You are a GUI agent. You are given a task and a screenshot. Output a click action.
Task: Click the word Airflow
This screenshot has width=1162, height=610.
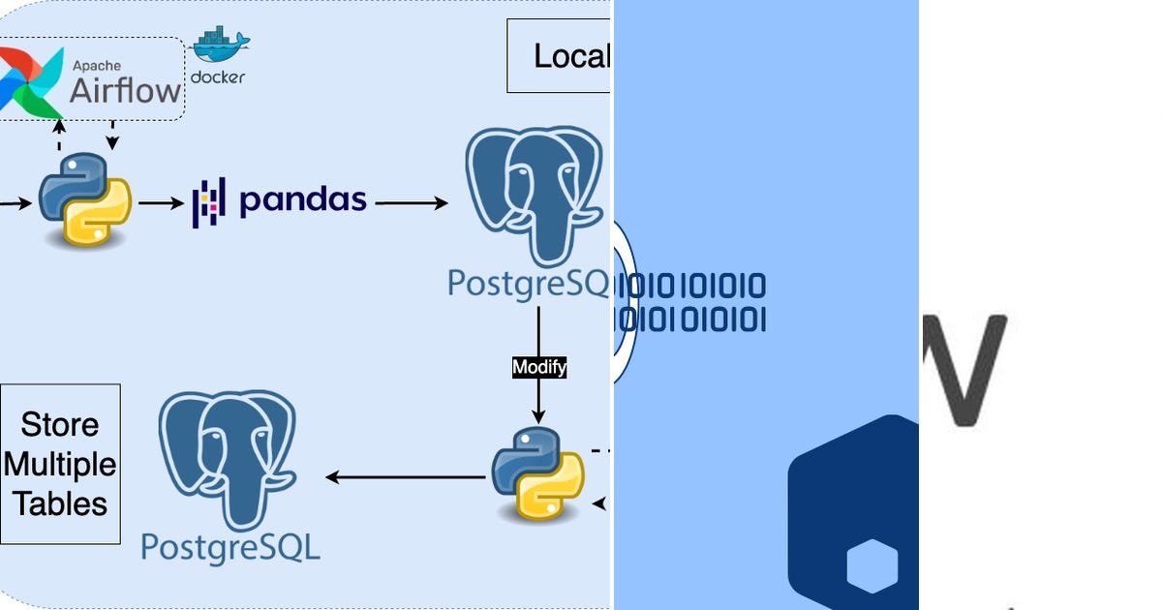125,91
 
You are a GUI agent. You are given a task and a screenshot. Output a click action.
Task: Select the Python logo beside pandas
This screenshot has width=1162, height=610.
84,198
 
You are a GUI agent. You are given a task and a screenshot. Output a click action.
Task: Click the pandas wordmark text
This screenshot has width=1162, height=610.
303,200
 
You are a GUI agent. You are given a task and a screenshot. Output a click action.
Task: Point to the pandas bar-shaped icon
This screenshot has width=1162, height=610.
208,202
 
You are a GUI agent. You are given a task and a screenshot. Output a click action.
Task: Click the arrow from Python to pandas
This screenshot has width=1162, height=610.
161,202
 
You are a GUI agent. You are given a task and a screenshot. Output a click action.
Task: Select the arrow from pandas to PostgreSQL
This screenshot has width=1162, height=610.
412,202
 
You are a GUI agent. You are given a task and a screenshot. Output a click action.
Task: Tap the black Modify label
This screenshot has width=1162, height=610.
538,368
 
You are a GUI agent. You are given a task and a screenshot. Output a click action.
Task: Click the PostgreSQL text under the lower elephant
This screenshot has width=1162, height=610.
230,547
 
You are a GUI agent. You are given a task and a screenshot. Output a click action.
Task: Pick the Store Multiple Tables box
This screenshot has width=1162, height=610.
60,464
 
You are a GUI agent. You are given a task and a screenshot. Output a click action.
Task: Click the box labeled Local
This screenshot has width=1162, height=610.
559,56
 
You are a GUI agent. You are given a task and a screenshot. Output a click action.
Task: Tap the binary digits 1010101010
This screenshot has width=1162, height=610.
691,287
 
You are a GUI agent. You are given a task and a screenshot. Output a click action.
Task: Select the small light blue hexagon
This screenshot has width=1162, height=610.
871,566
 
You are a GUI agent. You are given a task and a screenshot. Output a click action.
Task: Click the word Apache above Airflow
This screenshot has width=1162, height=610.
98,66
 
